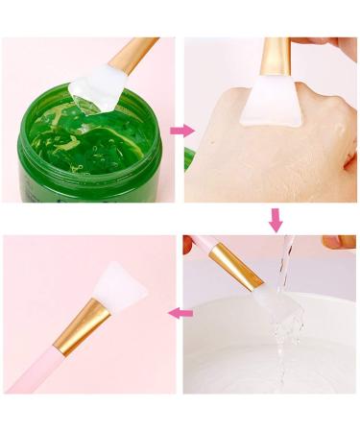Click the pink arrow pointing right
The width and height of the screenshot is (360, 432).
(x=180, y=130)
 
